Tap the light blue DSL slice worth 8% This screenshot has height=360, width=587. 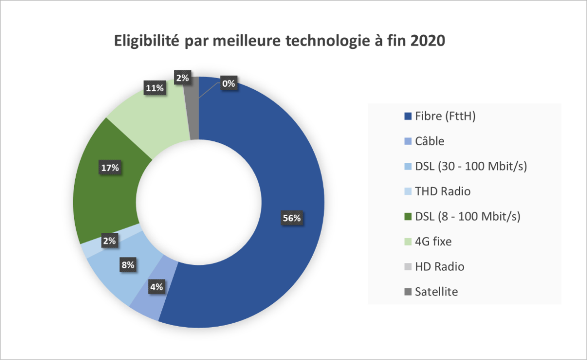(x=115, y=279)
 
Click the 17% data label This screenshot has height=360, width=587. (x=110, y=168)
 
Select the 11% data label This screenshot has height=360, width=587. (x=155, y=89)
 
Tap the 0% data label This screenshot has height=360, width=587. (x=229, y=84)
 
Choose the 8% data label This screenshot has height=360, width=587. (x=128, y=265)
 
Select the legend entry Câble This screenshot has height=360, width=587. (x=429, y=141)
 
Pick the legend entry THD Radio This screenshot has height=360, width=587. (x=442, y=191)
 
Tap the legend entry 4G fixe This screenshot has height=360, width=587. (x=433, y=241)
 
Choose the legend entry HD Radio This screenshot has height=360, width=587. (x=439, y=267)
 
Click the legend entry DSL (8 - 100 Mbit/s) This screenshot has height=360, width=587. (x=467, y=216)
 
